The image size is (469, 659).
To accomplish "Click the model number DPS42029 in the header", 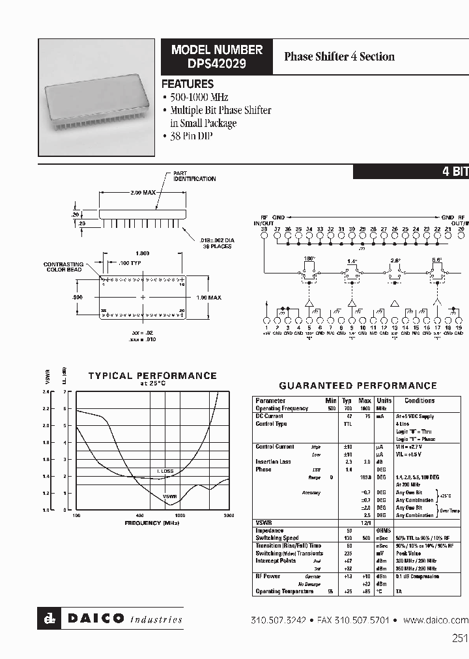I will click(x=217, y=64).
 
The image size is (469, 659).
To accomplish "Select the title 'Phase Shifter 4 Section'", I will click(x=339, y=57).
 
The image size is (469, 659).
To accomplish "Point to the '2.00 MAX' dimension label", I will click(x=143, y=193).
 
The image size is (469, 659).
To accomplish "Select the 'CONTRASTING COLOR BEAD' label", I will click(x=63, y=267).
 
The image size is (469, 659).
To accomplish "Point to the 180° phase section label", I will click(x=309, y=259).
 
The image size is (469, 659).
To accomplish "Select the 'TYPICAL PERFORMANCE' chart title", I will click(x=152, y=376).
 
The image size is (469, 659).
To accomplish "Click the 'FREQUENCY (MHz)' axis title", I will click(x=152, y=523).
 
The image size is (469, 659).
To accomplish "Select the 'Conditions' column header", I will click(x=419, y=401).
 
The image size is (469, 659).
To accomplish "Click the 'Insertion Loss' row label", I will click(x=273, y=462).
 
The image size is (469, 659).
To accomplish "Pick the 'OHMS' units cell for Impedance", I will click(x=384, y=531).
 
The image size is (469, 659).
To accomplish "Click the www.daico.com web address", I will click(x=436, y=620).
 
